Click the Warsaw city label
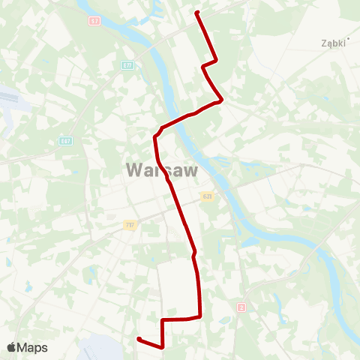coord(162,170)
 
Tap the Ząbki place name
coord(333,43)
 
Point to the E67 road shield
coord(66,141)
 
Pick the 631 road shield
coord(207,196)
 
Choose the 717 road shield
coord(130,224)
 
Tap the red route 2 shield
coord(241,307)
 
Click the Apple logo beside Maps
coord(12,347)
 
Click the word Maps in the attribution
coord(33,347)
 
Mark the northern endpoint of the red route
coord(197,13)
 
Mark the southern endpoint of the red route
coord(139,340)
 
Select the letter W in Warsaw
coord(134,170)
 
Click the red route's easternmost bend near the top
coord(221,99)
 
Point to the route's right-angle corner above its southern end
coord(163,320)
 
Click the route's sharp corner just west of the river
coord(155,136)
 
